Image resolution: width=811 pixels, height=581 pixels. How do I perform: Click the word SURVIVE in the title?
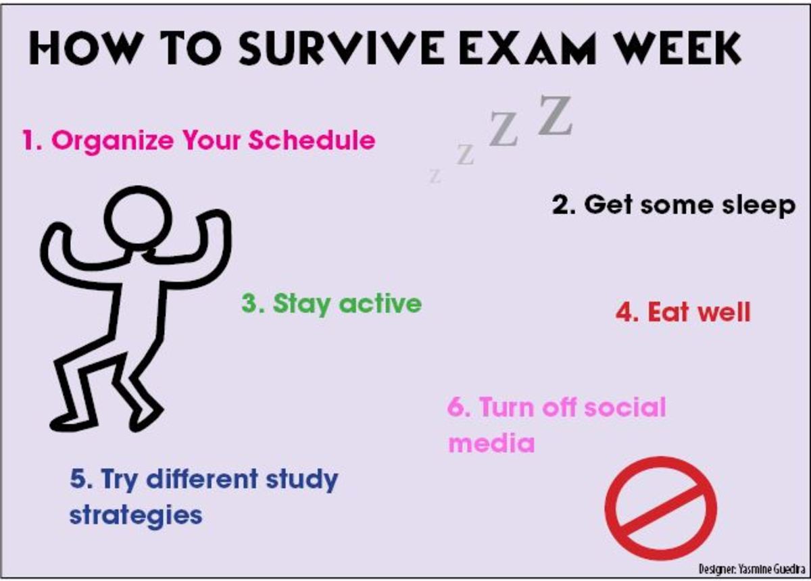pyautogui.click(x=341, y=48)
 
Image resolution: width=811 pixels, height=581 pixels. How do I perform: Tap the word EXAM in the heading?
pyautogui.click(x=527, y=48)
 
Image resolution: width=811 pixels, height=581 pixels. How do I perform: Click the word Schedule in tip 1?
pyautogui.click(x=312, y=140)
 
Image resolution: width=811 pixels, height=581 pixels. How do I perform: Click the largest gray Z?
pyautogui.click(x=555, y=115)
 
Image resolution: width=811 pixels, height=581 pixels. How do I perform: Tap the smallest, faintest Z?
pyautogui.click(x=435, y=176)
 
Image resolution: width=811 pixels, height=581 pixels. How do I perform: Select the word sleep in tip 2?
pyautogui.click(x=759, y=207)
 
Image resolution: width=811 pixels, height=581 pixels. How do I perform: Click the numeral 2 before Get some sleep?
pyautogui.click(x=560, y=205)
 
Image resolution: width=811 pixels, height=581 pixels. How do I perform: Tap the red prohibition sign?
pyautogui.click(x=661, y=509)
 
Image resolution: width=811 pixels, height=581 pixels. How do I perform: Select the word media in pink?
pyautogui.click(x=492, y=443)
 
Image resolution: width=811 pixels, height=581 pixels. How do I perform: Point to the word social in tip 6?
pyautogui.click(x=625, y=407)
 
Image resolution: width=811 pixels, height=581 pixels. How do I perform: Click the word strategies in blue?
pyautogui.click(x=136, y=516)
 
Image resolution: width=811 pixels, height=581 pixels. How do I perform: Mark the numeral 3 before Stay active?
pyautogui.click(x=249, y=303)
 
